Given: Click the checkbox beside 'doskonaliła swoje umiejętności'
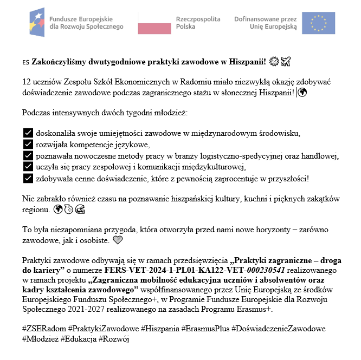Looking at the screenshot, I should tap(28, 133).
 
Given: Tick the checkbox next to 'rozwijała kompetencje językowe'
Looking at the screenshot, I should tap(28, 144).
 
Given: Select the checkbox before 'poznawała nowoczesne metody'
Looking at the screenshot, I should tap(28, 155).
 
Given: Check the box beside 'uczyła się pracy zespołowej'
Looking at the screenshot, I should tap(28, 166).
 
